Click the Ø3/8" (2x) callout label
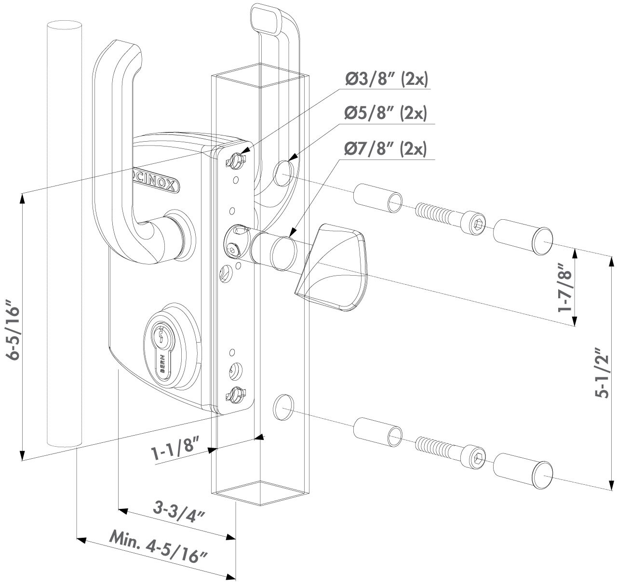pos(386,80)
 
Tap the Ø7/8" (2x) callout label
pos(386,148)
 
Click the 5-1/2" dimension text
pos(602,372)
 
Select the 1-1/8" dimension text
pos(176,449)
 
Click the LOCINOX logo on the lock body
pos(154,181)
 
